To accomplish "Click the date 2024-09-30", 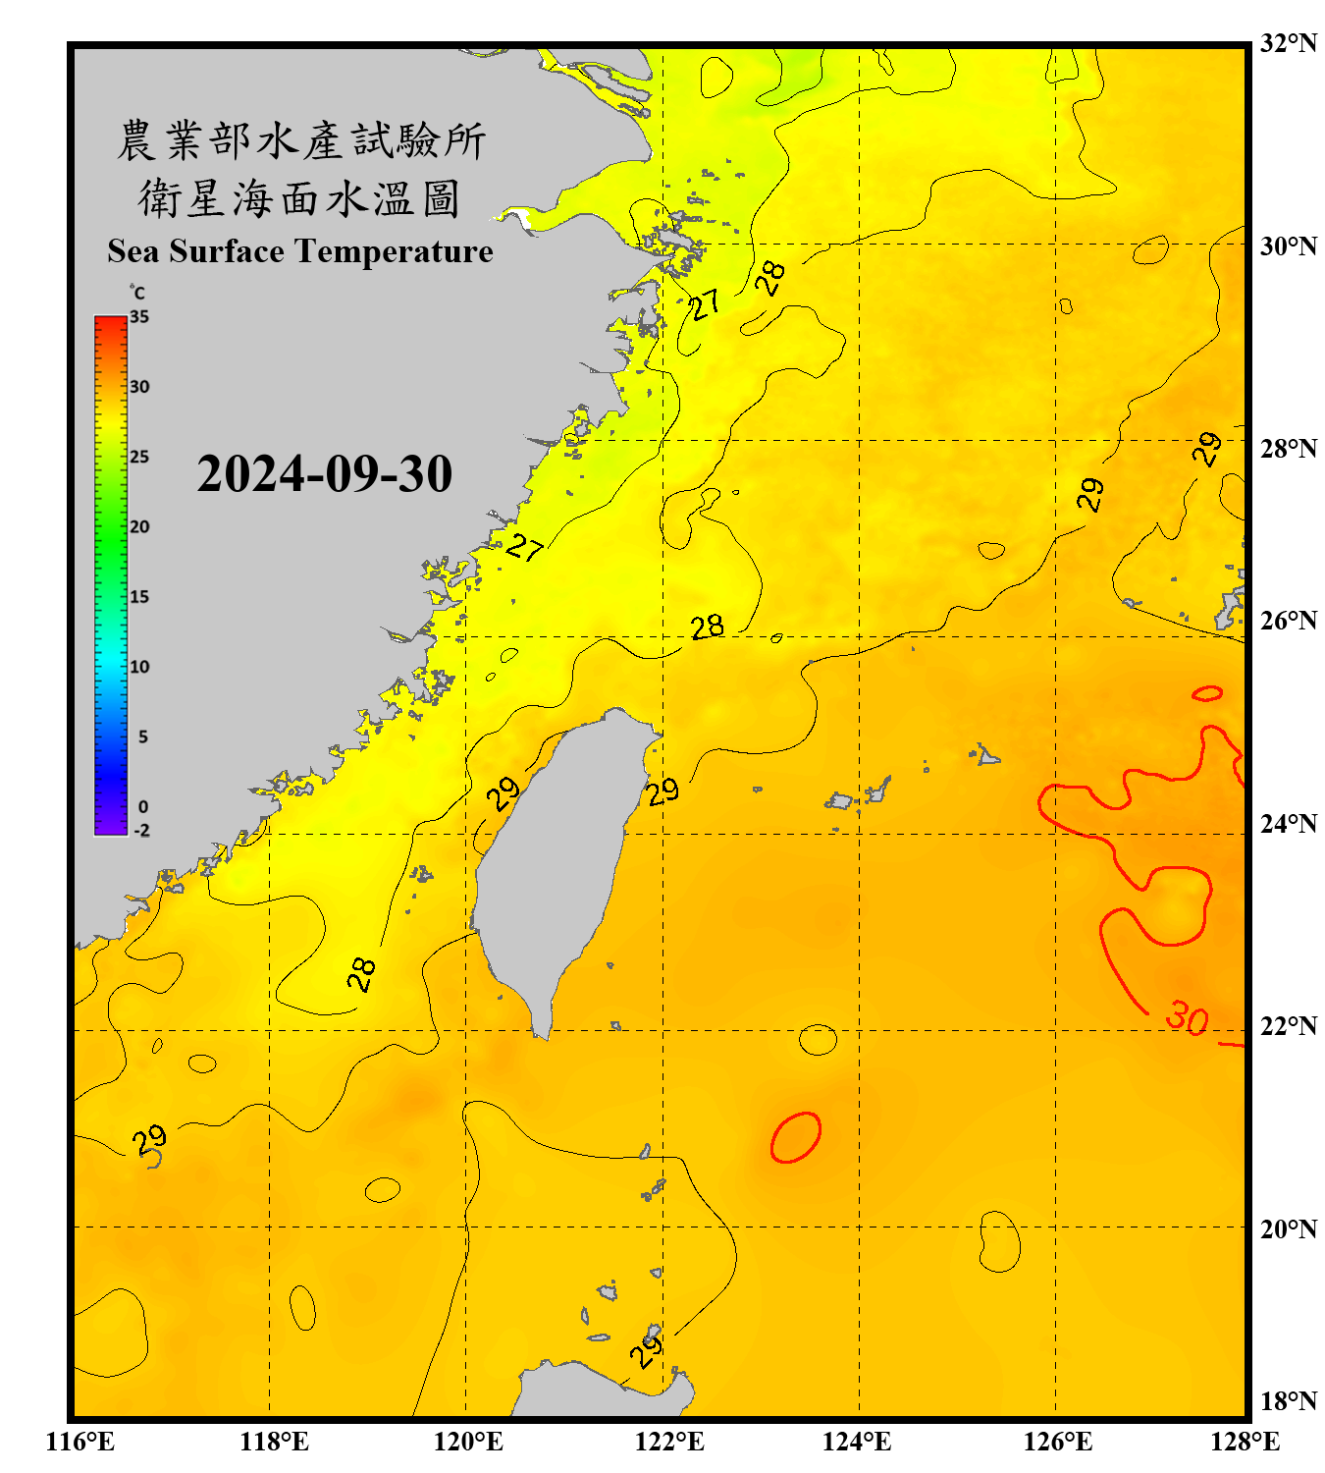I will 324,474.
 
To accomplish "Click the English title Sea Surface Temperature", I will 299,251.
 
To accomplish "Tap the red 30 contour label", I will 1187,1018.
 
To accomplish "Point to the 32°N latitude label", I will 1288,43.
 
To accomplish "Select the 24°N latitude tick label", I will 1288,823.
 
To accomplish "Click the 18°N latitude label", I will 1288,1400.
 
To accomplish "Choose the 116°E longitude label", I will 80,1442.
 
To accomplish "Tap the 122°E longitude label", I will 669,1442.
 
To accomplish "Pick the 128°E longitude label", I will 1245,1442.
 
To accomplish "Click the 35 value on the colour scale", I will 139,317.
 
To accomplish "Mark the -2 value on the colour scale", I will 141,830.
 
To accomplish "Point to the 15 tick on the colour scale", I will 139,597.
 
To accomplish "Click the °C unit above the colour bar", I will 137,293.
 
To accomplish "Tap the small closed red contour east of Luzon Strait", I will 796,1137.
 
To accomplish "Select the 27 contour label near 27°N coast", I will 525,546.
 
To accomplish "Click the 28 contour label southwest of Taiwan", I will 361,973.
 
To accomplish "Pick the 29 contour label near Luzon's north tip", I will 647,1351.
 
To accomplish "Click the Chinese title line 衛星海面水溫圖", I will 299,198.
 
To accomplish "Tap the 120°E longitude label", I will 468,1442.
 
